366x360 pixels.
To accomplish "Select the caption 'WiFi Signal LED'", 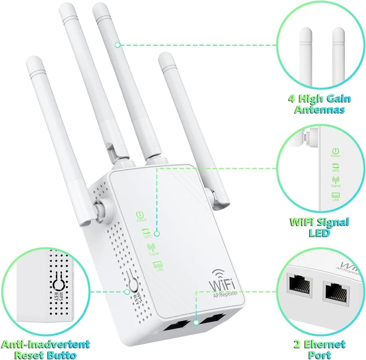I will (319, 227).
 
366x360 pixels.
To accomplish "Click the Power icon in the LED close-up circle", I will (335, 152).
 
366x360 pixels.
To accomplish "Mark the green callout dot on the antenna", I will (118, 45).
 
